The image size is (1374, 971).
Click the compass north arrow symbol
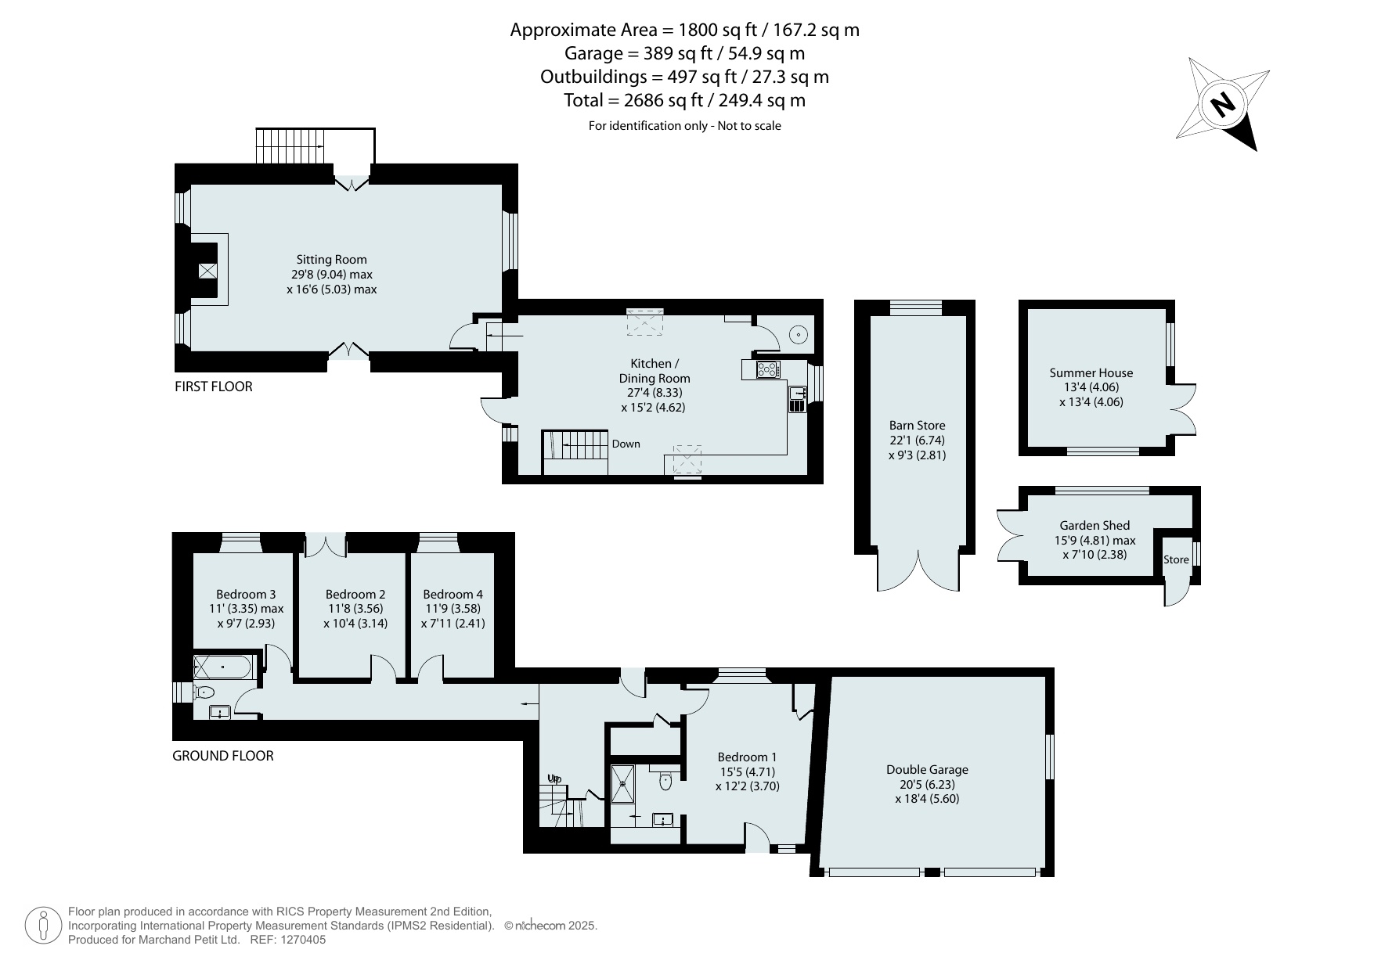(x=1223, y=104)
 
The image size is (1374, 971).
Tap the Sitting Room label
(x=331, y=260)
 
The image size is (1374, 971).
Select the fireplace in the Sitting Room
(x=207, y=271)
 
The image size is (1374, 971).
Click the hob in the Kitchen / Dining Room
(x=767, y=370)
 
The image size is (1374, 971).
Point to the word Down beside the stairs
(x=626, y=444)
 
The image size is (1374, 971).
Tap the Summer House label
(x=1091, y=373)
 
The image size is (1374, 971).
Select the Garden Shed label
(x=1095, y=526)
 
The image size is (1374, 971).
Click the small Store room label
(x=1176, y=559)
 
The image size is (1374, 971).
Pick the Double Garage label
(x=927, y=770)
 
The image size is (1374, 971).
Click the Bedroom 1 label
(x=747, y=757)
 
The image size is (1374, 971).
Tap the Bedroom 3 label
(x=246, y=595)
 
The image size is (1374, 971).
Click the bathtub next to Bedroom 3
(x=223, y=667)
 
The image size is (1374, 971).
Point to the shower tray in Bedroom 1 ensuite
(x=625, y=783)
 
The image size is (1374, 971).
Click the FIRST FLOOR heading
(x=213, y=387)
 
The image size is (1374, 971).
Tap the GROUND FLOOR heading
(x=223, y=756)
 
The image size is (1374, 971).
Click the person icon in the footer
(x=44, y=926)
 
